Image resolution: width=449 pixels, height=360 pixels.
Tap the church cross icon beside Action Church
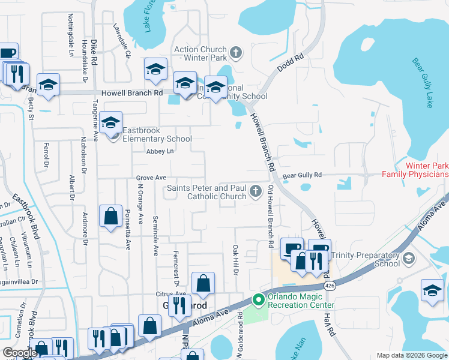coord(236,52)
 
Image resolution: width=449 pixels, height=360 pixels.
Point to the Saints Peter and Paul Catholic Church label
coord(206,192)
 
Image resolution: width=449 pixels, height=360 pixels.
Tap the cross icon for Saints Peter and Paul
coord(256,191)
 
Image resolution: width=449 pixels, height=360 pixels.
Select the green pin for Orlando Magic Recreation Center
coord(258,299)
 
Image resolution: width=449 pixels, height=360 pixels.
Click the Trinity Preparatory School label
coord(370,259)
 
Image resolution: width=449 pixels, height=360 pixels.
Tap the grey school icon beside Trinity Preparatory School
coord(409,258)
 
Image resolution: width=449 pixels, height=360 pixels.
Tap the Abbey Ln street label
coord(160,152)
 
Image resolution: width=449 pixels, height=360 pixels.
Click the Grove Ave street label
coord(151,178)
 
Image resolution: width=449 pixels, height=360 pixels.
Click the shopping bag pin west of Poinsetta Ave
coord(111,217)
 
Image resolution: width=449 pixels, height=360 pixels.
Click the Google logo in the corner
coord(20,353)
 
